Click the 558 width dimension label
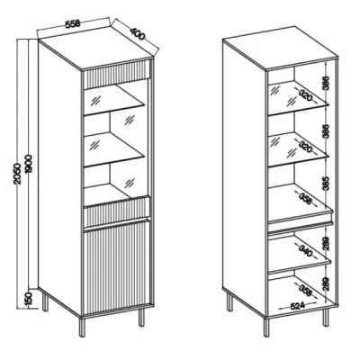coord(72,23)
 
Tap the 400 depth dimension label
coord(138,33)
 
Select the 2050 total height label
coord(18,174)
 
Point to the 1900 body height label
coord(29,164)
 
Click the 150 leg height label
coord(28,300)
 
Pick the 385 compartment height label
coord(327,183)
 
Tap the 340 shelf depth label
coord(305,251)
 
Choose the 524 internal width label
coord(297,306)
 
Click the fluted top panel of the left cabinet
coord(116,74)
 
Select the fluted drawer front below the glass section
coord(116,211)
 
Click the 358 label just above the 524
coord(305,291)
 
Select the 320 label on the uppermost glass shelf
coord(305,95)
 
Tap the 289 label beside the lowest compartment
coord(327,283)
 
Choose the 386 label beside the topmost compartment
coord(327,83)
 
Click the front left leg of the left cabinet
coord(83,327)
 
